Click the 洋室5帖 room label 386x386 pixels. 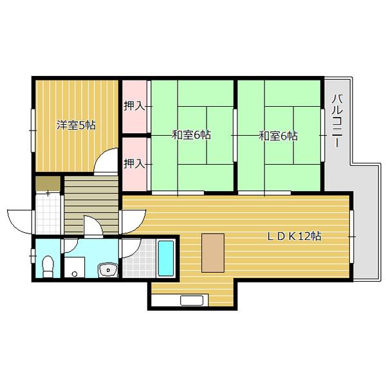pyautogui.click(x=76, y=125)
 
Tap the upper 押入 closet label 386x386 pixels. pyautogui.click(x=134, y=106)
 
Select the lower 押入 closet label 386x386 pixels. pyautogui.click(x=134, y=163)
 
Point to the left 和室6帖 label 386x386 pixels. pyautogui.click(x=191, y=135)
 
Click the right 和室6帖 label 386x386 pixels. pyautogui.click(x=278, y=136)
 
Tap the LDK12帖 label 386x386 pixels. pyautogui.click(x=294, y=236)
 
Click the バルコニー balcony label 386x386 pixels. pyautogui.click(x=337, y=121)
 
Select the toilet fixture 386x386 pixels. pyautogui.click(x=48, y=266)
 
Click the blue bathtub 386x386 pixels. pyautogui.click(x=166, y=258)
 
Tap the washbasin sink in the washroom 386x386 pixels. pyautogui.click(x=108, y=270)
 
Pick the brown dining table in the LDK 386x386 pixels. pyautogui.click(x=213, y=253)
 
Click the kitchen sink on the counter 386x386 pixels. pyautogui.click(x=192, y=300)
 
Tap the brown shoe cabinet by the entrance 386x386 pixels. pyautogui.click(x=48, y=183)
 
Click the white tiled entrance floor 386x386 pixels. pyautogui.click(x=48, y=214)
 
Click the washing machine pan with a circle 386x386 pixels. pyautogui.click(x=75, y=267)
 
